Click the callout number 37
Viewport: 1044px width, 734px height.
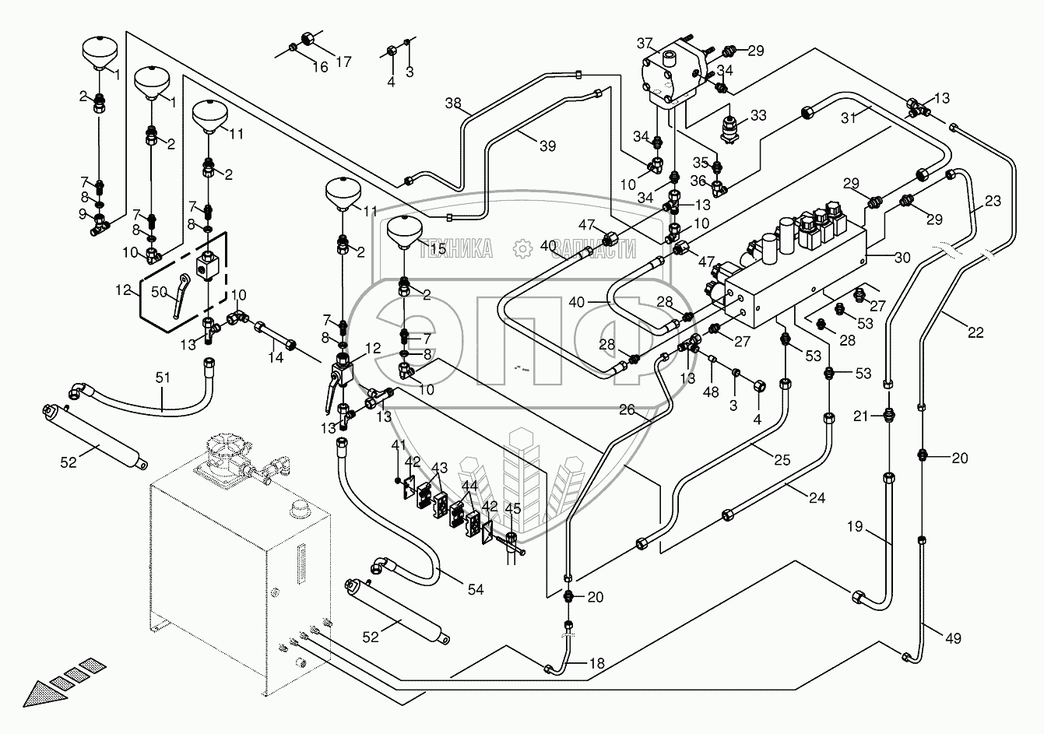[645, 41]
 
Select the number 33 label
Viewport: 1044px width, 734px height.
[758, 116]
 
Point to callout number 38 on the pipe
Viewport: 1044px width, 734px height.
[454, 102]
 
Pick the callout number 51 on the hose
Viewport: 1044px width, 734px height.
[162, 378]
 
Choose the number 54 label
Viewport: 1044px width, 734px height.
[476, 590]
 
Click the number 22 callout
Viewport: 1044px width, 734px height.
[976, 332]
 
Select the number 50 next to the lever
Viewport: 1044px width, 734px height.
[159, 292]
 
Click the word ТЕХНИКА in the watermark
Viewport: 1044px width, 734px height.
[455, 249]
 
